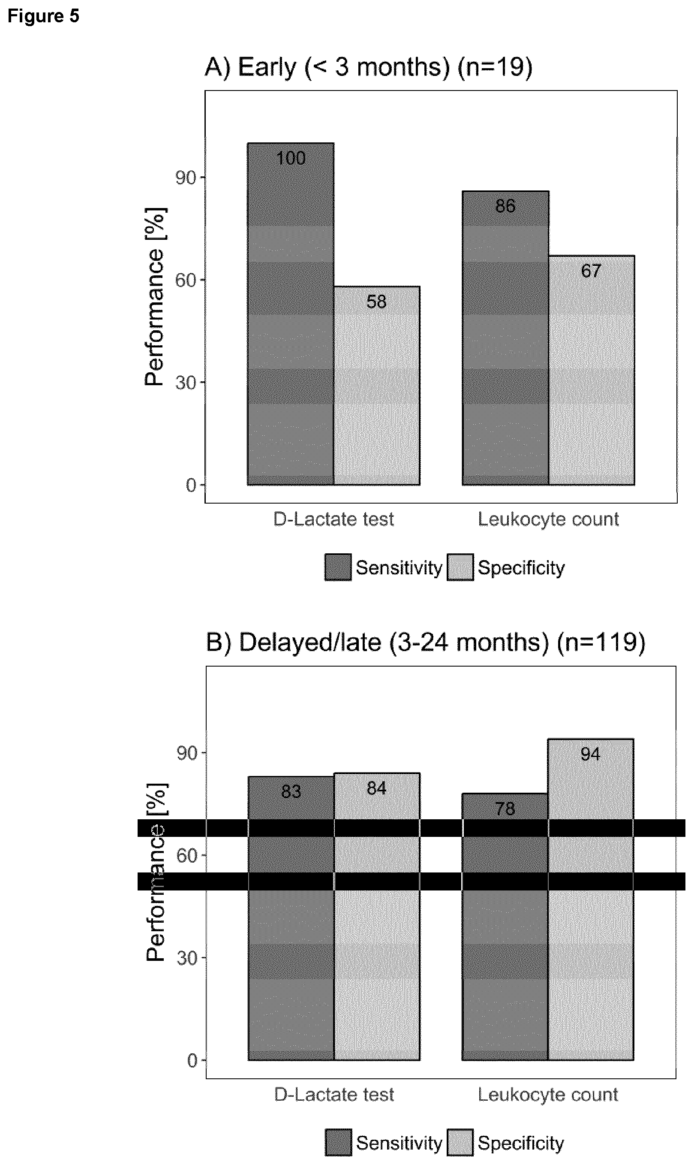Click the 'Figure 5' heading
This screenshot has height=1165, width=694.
pyautogui.click(x=43, y=16)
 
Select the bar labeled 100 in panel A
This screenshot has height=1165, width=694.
pyautogui.click(x=290, y=314)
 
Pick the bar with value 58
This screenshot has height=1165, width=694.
pyautogui.click(x=376, y=386)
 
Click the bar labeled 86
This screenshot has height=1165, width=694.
pyautogui.click(x=505, y=338)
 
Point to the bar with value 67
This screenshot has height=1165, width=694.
pyautogui.click(x=591, y=370)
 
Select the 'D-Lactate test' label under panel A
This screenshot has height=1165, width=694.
pyautogui.click(x=333, y=519)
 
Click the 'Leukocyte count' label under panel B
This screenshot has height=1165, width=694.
pyautogui.click(x=548, y=1095)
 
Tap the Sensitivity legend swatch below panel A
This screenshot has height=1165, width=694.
pyautogui.click(x=338, y=567)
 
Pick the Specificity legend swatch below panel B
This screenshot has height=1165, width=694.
pyautogui.click(x=460, y=1143)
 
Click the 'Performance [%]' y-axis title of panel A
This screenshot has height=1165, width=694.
pyautogui.click(x=154, y=297)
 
